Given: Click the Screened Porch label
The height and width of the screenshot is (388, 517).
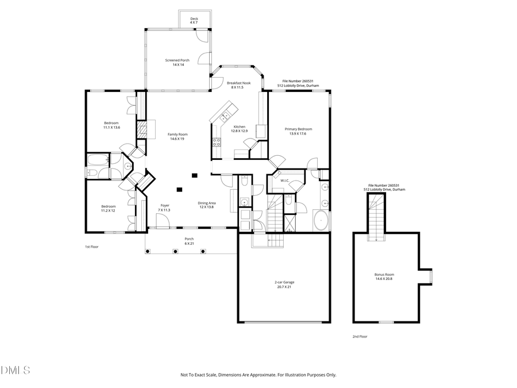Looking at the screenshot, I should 177,62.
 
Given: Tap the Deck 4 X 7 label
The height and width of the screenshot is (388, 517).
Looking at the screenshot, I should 194,21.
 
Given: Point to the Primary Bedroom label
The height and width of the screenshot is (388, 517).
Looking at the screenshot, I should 298,131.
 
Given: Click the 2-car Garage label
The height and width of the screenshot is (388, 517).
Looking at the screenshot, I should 284,285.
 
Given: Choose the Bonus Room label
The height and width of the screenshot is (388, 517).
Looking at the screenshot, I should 384,276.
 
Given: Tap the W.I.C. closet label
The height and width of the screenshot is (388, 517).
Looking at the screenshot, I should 284,180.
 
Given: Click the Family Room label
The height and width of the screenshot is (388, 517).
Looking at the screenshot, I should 178,136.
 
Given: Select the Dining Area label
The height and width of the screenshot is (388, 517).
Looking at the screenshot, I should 207,205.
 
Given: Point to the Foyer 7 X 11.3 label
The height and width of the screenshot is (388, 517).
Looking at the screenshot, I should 165,208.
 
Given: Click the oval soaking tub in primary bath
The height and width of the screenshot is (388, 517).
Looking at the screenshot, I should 321,220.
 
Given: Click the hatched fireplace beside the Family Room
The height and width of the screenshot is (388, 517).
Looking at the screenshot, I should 142,129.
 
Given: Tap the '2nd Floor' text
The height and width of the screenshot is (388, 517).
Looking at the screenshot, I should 360,336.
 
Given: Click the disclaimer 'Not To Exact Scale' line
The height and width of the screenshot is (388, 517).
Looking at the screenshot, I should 258,375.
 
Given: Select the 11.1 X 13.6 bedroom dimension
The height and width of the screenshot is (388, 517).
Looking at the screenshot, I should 111,127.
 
